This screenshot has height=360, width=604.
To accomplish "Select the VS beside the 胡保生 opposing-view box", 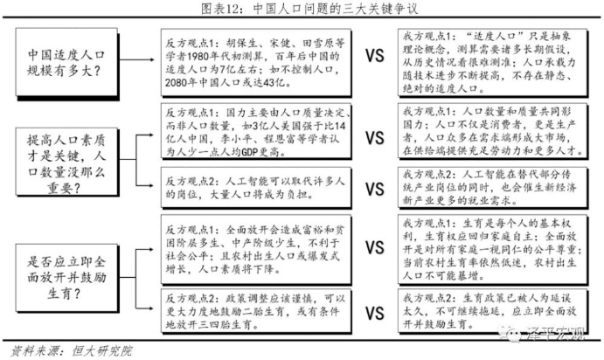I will click(374, 58).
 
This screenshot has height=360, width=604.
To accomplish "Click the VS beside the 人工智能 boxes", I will click(374, 190).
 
